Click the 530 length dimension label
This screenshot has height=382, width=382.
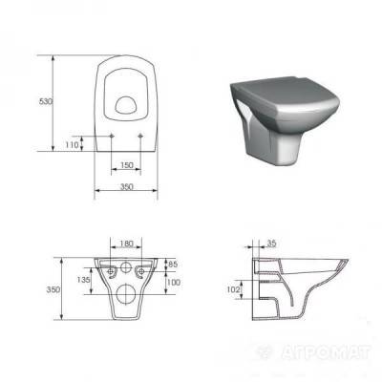pyautogui.click(x=45, y=101)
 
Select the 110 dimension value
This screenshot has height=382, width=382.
pyautogui.click(x=72, y=145)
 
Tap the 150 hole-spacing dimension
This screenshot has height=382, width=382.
pyautogui.click(x=126, y=165)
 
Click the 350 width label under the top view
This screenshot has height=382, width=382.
pyautogui.click(x=126, y=186)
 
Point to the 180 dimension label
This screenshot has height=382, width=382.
pyautogui.click(x=126, y=244)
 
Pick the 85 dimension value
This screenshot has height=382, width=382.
pyautogui.click(x=173, y=265)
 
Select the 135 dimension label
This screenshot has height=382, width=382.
pyautogui.click(x=84, y=280)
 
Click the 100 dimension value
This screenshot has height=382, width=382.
pyautogui.click(x=174, y=282)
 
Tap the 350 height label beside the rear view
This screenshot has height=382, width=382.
pyautogui.click(x=53, y=289)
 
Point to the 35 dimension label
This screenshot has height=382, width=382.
pyautogui.click(x=271, y=244)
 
